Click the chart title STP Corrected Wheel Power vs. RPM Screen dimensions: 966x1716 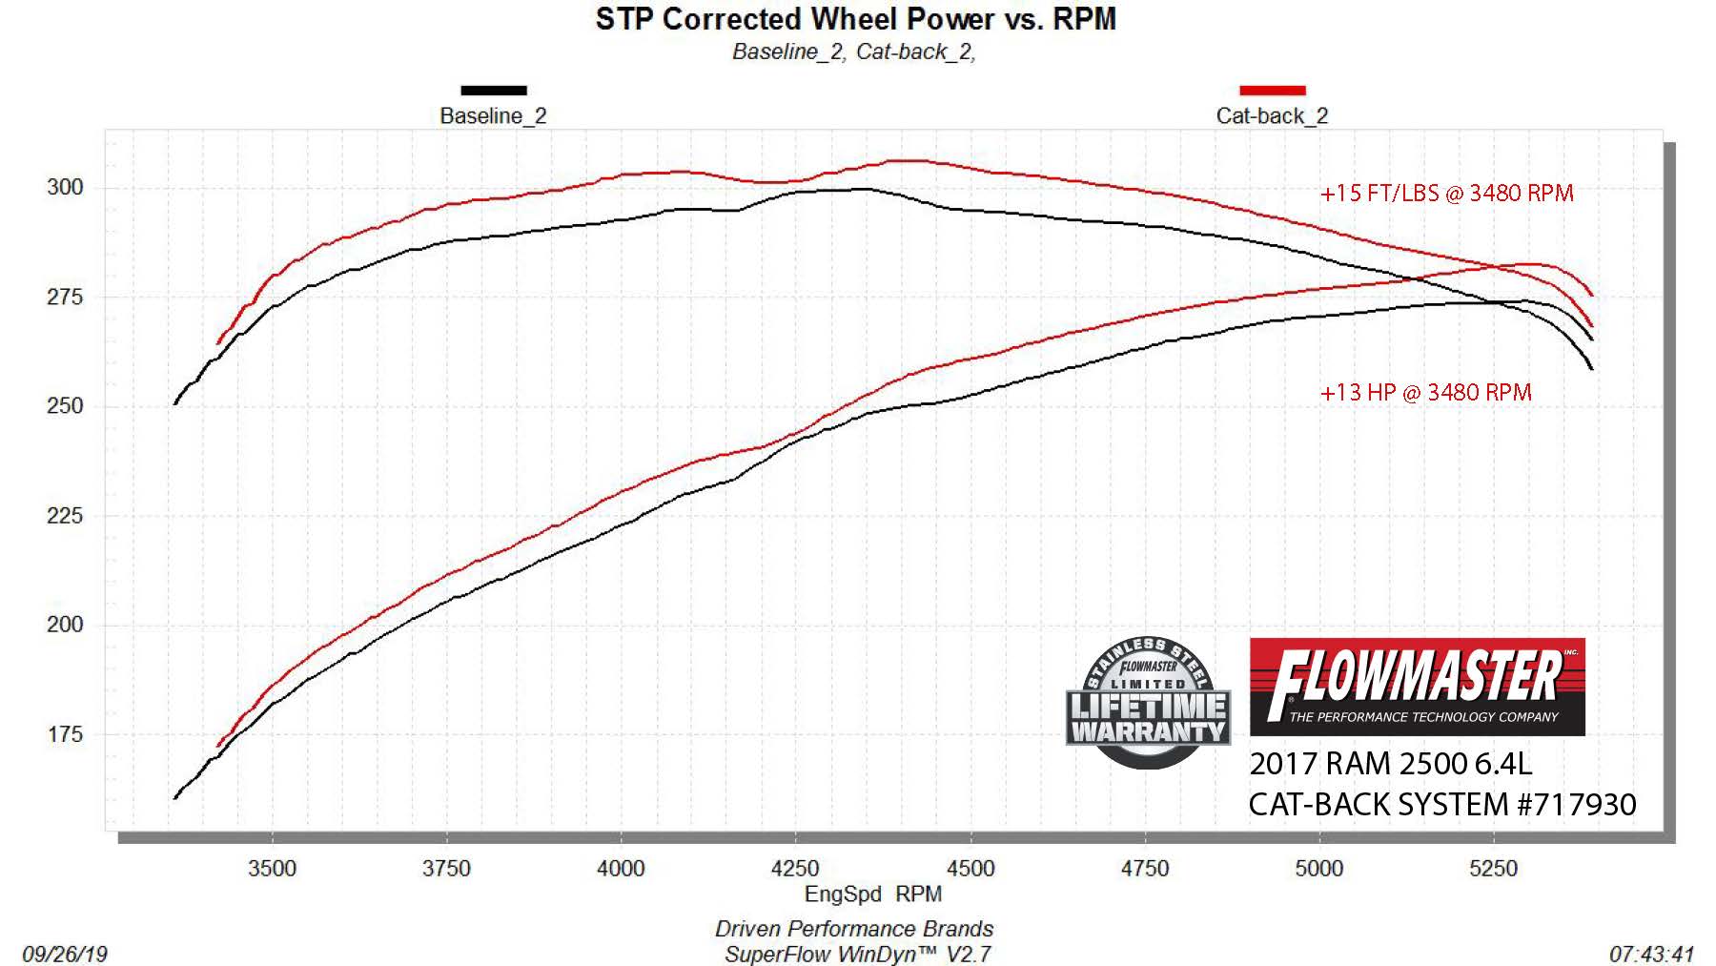(x=855, y=19)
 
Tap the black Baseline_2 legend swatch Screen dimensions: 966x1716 (x=493, y=91)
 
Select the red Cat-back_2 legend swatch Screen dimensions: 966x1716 (x=1272, y=91)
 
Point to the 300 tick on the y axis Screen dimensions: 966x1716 (x=65, y=188)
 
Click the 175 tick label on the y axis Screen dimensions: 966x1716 (x=65, y=735)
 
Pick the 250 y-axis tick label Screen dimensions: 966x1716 (x=65, y=406)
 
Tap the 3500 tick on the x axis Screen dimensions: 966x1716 (x=272, y=869)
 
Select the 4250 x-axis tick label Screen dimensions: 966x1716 (x=795, y=869)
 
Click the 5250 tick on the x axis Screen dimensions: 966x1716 (x=1493, y=869)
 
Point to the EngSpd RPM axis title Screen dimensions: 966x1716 (x=872, y=894)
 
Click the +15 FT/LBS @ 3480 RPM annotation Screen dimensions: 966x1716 (x=1446, y=194)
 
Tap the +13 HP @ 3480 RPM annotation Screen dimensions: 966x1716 (x=1425, y=393)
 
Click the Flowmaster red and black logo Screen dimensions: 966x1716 (x=1417, y=687)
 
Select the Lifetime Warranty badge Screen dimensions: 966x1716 (x=1148, y=704)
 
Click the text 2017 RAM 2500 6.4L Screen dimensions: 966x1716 (x=1390, y=764)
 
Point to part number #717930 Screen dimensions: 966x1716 (x=1577, y=805)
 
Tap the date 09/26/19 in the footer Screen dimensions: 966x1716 (x=65, y=954)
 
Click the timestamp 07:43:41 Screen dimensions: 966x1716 (x=1651, y=954)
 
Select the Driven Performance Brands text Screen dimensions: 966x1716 (x=854, y=929)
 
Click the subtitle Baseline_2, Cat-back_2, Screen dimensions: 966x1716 (x=853, y=52)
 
